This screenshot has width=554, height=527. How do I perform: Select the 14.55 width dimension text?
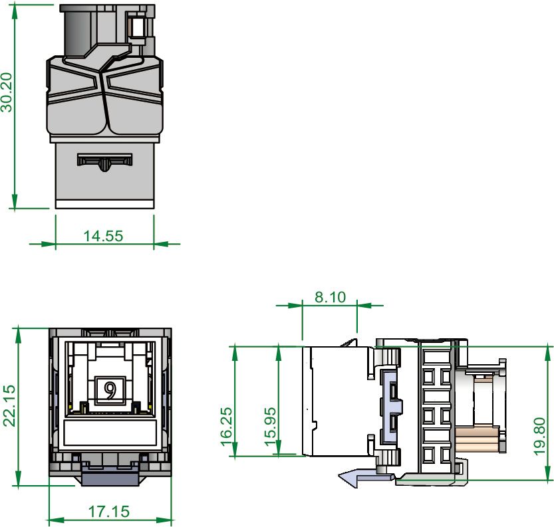[x=103, y=235]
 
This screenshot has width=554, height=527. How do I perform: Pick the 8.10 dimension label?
[x=330, y=297]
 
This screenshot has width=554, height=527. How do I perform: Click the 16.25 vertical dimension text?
[x=227, y=426]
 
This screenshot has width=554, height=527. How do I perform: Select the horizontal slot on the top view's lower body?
[x=104, y=160]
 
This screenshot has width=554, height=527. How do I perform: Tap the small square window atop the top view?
[x=138, y=27]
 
